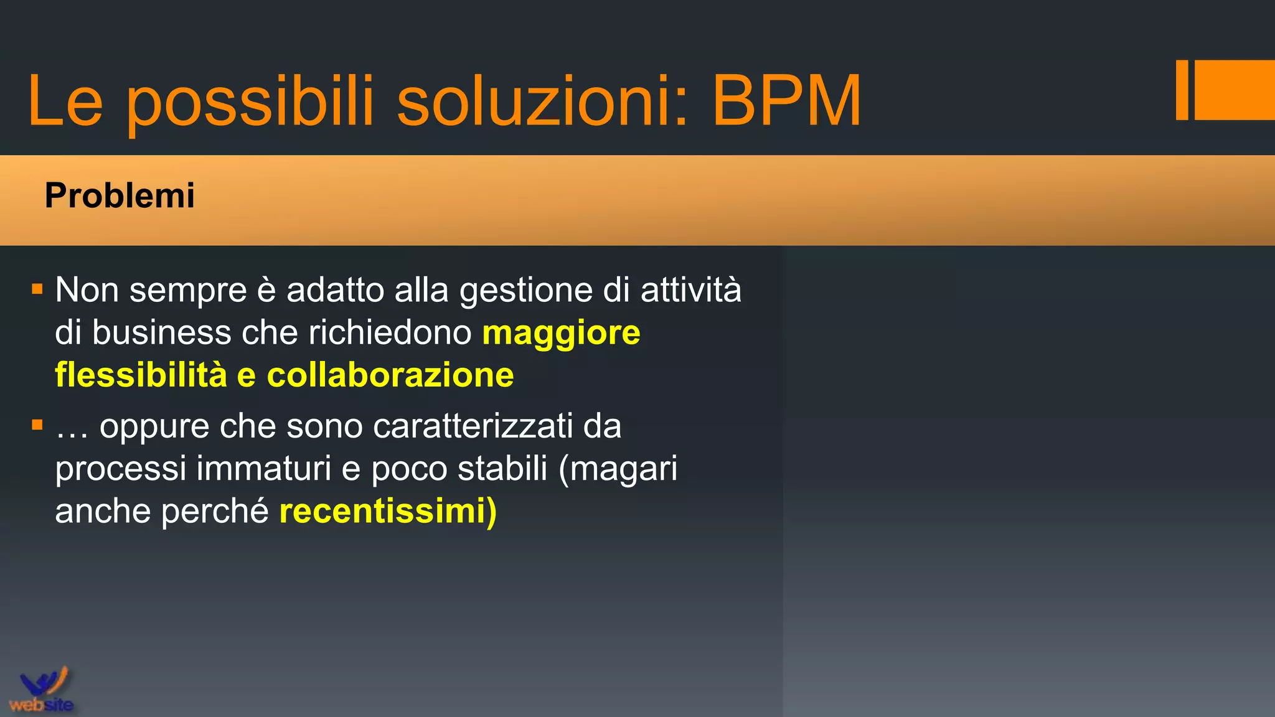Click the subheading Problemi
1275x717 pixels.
(x=120, y=195)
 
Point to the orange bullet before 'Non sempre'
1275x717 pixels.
(x=37, y=289)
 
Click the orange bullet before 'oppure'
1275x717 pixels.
(x=37, y=425)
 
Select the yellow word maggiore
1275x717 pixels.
(x=561, y=333)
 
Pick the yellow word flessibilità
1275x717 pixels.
(x=141, y=375)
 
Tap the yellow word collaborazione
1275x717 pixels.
(x=390, y=375)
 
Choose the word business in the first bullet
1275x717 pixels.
(x=161, y=332)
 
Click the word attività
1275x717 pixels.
(x=691, y=290)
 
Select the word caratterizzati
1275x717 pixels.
(x=473, y=426)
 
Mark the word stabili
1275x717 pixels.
(x=502, y=468)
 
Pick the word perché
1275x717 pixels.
(x=215, y=512)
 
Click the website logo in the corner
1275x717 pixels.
(x=42, y=690)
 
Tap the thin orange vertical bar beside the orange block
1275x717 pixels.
(x=1182, y=90)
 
